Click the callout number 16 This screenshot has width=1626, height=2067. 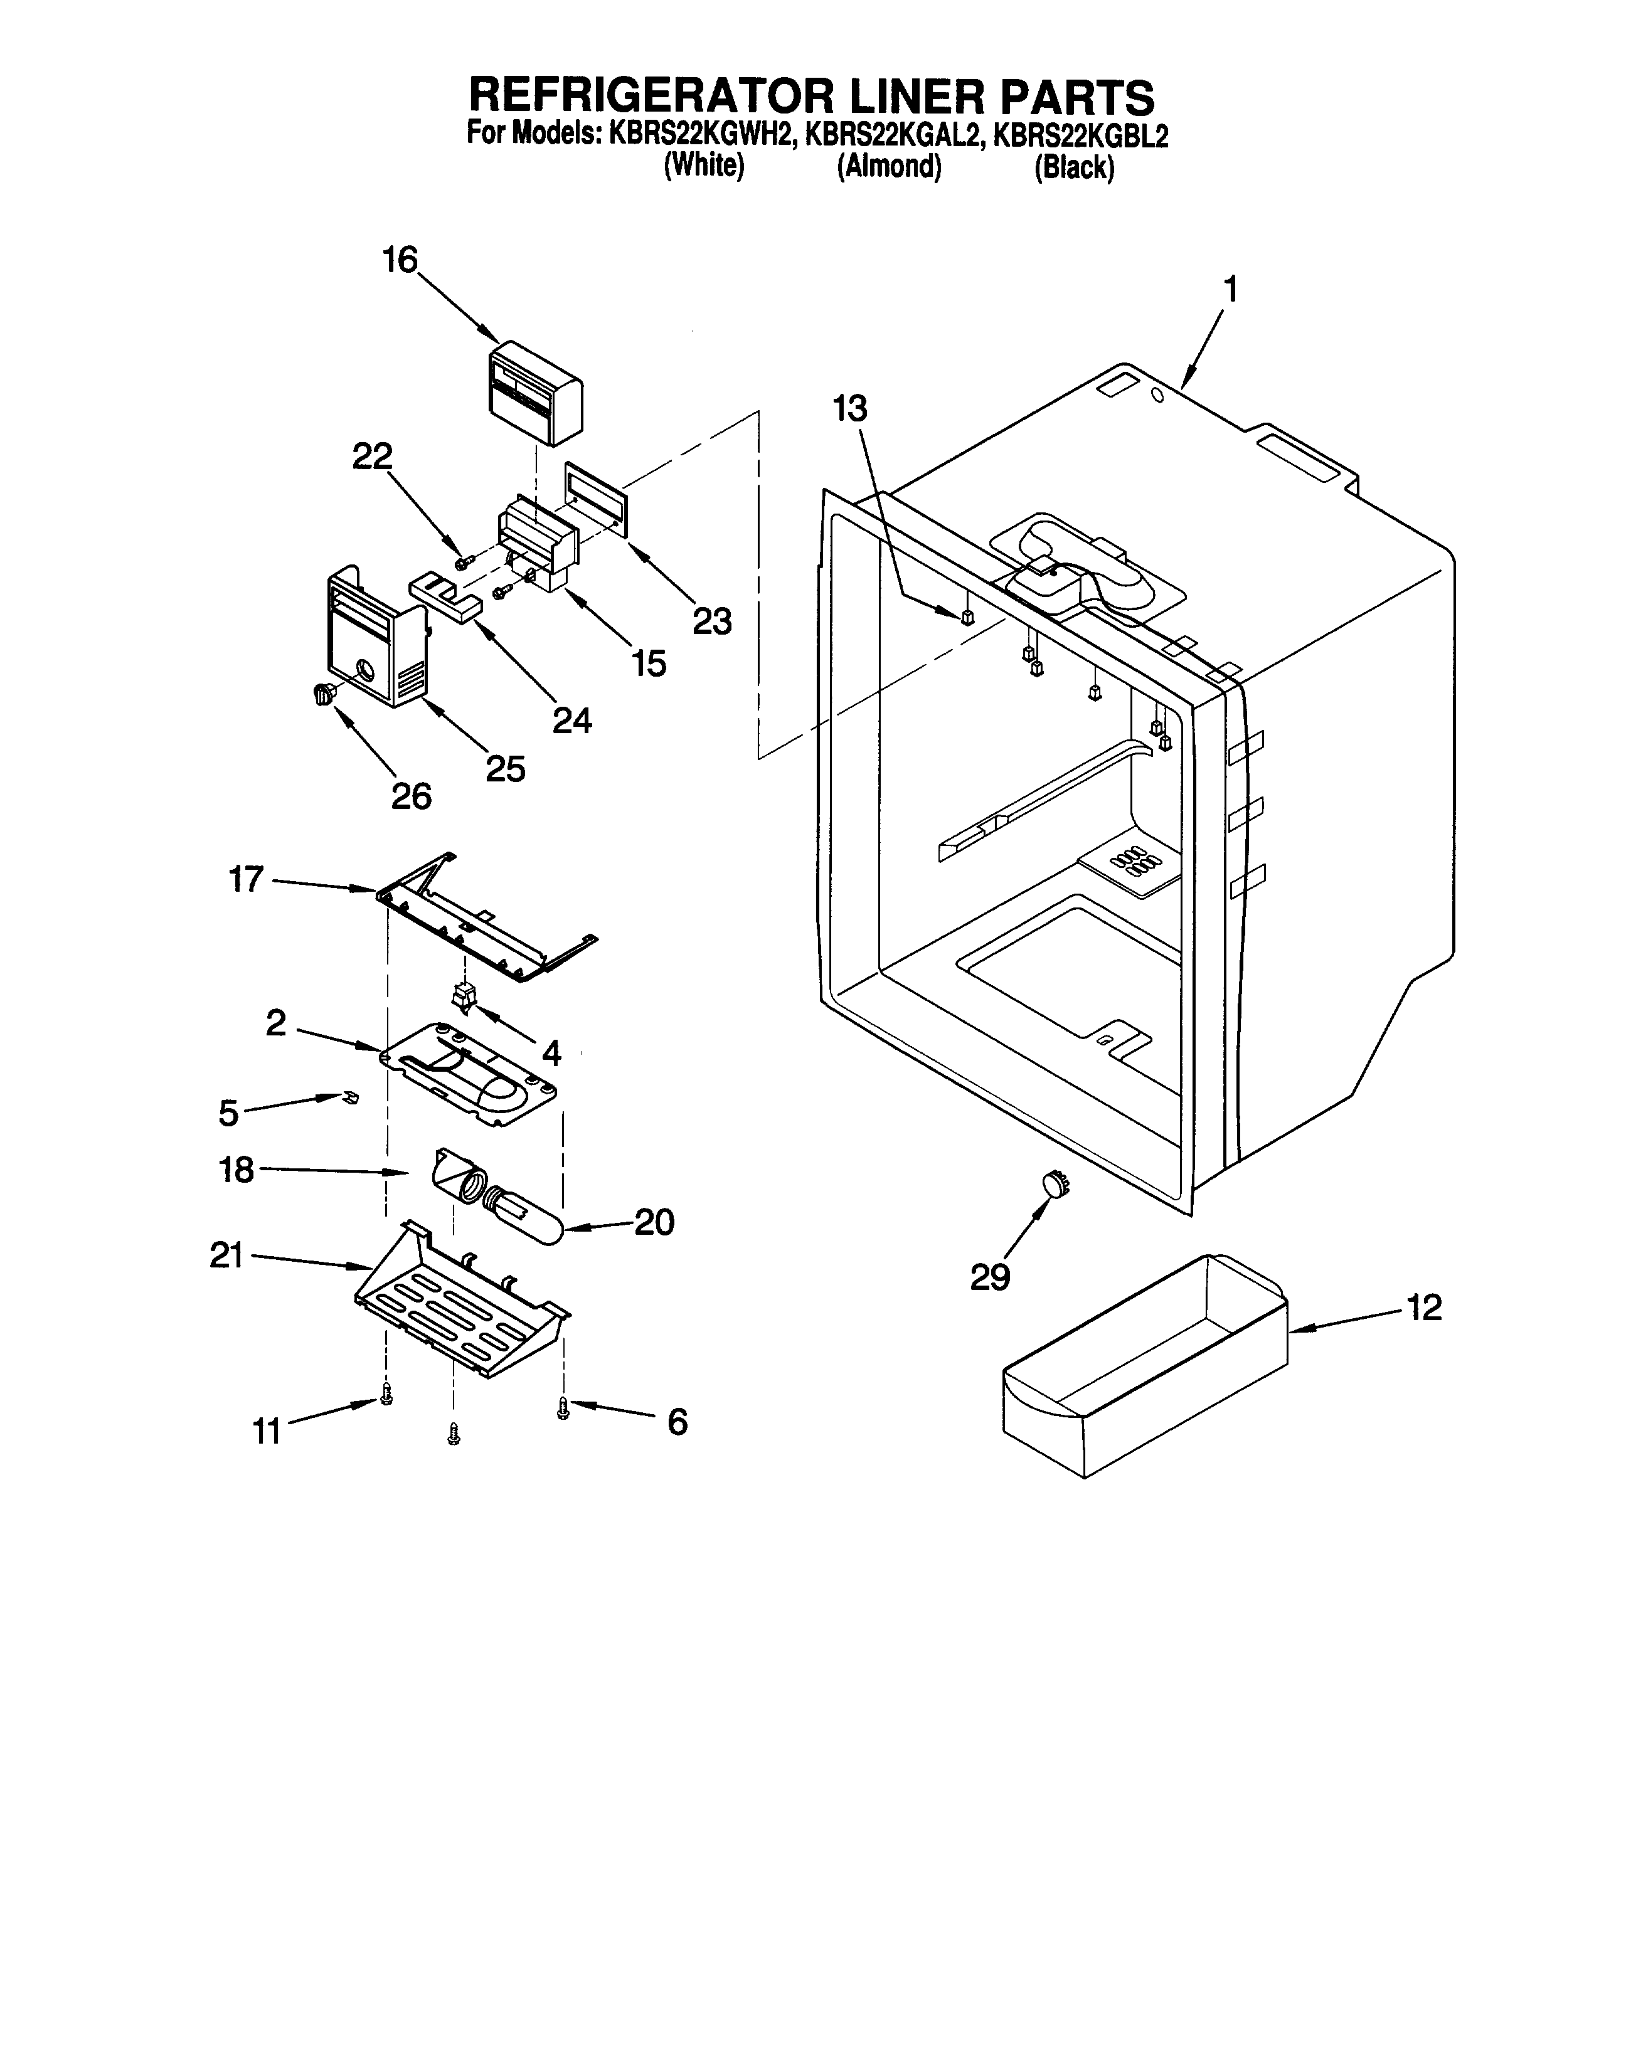point(400,259)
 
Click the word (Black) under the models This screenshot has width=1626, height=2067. point(1074,167)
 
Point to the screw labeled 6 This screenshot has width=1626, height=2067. point(563,1409)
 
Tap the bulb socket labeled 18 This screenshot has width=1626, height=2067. point(454,1176)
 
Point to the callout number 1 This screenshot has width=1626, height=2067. point(1230,288)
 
